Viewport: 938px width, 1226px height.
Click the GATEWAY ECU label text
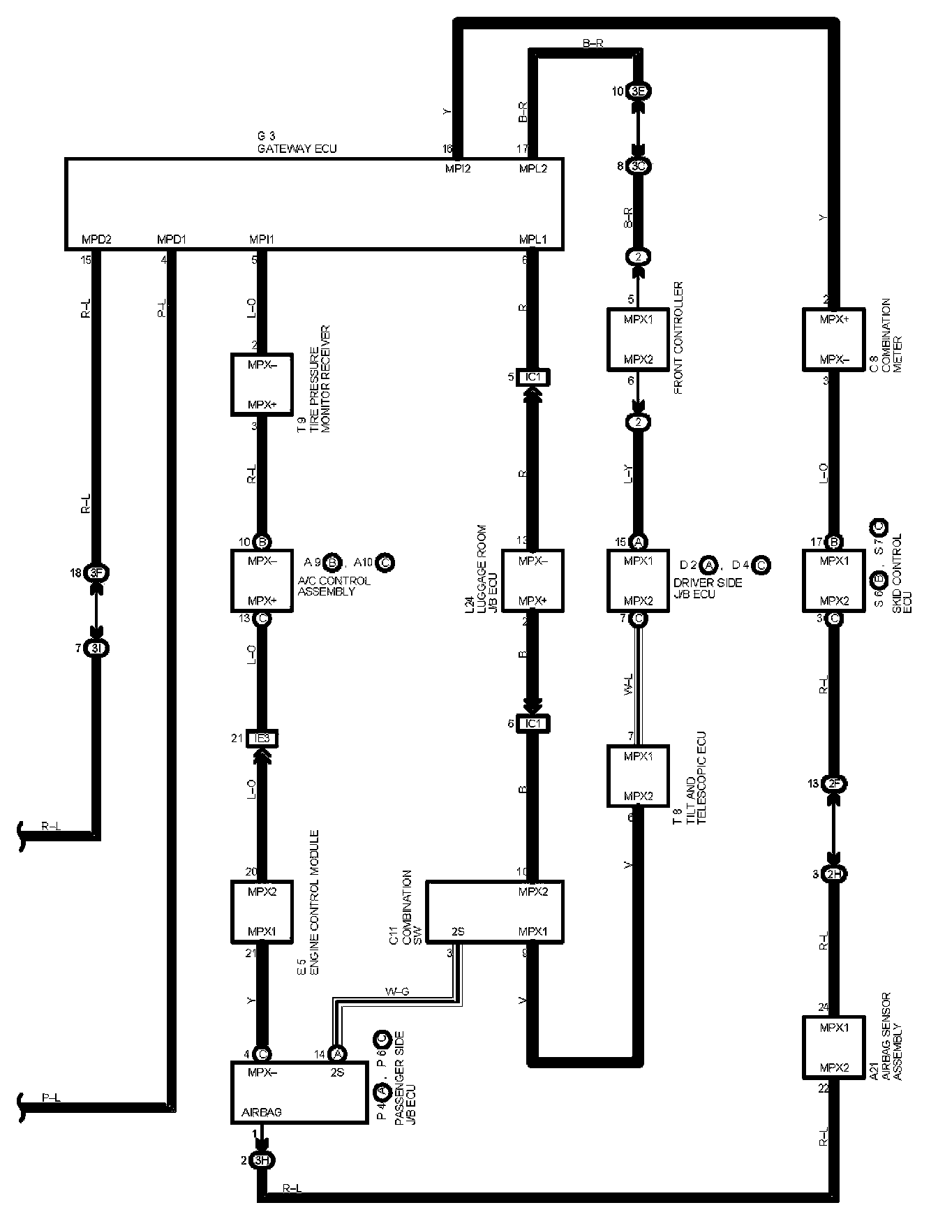[297, 149]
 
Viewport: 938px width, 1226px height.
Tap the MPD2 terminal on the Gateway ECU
[97, 239]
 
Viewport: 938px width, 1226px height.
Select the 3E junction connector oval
[638, 91]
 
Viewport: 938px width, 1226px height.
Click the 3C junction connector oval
[638, 166]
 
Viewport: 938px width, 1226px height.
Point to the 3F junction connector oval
[96, 573]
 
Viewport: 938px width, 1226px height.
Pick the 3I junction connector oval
[96, 649]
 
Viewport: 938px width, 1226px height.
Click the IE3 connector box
[262, 738]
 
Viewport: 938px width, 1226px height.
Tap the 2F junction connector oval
[833, 784]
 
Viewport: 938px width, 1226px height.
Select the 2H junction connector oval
[833, 873]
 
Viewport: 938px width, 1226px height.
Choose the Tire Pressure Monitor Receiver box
[262, 385]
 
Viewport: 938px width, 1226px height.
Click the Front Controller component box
[638, 339]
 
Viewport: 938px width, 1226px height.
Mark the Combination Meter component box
[833, 339]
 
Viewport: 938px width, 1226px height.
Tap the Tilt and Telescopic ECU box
[638, 776]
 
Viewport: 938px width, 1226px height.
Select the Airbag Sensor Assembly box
[833, 1047]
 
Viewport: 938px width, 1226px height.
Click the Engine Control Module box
[262, 912]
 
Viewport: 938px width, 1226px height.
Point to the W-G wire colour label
[397, 991]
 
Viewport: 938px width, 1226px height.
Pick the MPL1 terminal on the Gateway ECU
[533, 239]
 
